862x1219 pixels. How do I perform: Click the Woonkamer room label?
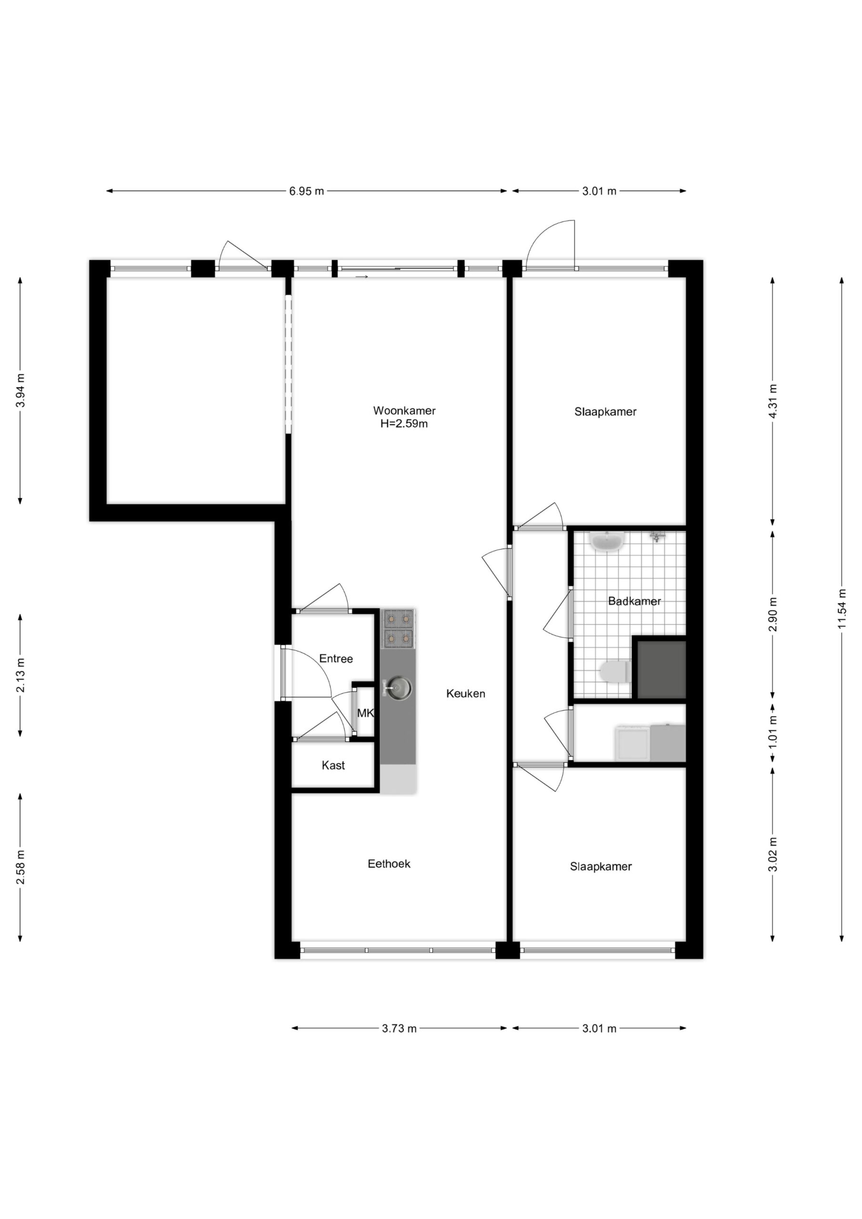click(404, 410)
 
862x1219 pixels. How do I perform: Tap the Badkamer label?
click(634, 601)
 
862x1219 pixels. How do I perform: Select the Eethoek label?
click(389, 864)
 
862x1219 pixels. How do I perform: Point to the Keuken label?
click(465, 693)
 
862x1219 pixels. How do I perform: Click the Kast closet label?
click(333, 765)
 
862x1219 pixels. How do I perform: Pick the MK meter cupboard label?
click(365, 713)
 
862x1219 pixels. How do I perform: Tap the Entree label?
click(336, 659)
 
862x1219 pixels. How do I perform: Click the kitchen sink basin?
click(398, 689)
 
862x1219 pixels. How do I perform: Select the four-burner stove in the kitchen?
click(398, 629)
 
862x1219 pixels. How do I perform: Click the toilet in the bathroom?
click(614, 671)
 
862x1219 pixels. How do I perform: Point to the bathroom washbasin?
click(608, 541)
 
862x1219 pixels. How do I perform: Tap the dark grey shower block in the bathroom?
click(661, 669)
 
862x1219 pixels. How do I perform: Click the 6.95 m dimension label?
click(306, 191)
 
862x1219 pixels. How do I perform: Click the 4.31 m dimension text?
click(773, 401)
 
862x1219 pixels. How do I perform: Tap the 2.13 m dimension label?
click(20, 675)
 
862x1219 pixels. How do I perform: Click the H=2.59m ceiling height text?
click(404, 424)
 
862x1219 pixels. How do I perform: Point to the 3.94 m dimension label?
click(20, 390)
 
